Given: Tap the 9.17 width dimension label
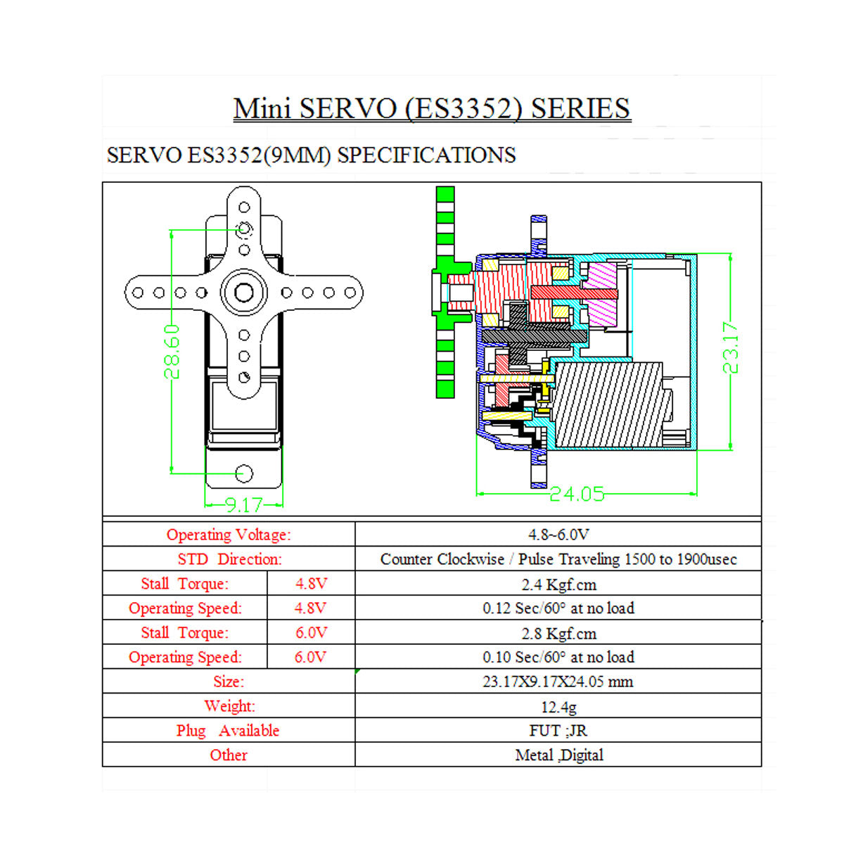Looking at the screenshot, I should [x=243, y=504].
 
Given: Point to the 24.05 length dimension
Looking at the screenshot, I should [x=577, y=494].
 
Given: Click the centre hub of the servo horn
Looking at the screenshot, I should [x=244, y=292].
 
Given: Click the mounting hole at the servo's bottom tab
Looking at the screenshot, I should [x=244, y=473].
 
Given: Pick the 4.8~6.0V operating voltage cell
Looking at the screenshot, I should [x=558, y=535].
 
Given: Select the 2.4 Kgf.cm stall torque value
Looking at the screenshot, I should [x=558, y=584].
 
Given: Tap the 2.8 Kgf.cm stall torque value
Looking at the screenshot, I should [x=558, y=633].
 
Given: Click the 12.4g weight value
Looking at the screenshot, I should [x=558, y=706].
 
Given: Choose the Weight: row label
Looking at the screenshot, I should [x=229, y=706].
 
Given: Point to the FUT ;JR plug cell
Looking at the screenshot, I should [x=558, y=731].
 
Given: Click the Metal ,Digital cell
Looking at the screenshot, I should [x=558, y=755].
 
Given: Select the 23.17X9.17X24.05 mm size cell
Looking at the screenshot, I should [x=558, y=682].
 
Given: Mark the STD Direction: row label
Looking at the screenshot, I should [x=229, y=559].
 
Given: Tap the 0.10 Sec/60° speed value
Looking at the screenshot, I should [x=558, y=657].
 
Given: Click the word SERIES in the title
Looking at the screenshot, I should [x=580, y=108].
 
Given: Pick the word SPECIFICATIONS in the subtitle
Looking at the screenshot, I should [x=426, y=155].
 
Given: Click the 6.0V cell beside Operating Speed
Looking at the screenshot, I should [x=310, y=657].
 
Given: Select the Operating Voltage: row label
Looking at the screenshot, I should [x=229, y=535].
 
